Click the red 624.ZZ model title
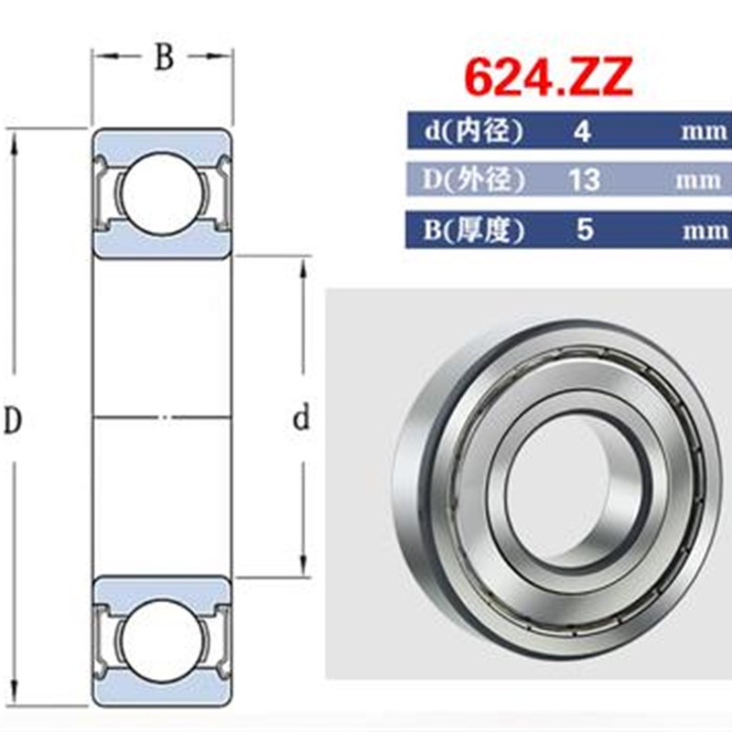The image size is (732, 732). point(547,79)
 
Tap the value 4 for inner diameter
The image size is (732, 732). point(582,132)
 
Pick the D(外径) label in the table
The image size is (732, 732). point(474,180)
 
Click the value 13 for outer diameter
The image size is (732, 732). point(583,180)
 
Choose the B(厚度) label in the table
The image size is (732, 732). point(474,230)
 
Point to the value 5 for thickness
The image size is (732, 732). point(583,230)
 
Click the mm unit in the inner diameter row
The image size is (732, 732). point(703,132)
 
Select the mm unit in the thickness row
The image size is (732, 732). point(703,231)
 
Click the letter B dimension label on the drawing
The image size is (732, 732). point(163,58)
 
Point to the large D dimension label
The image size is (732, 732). point(13,420)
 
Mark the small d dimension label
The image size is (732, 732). point(301,420)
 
